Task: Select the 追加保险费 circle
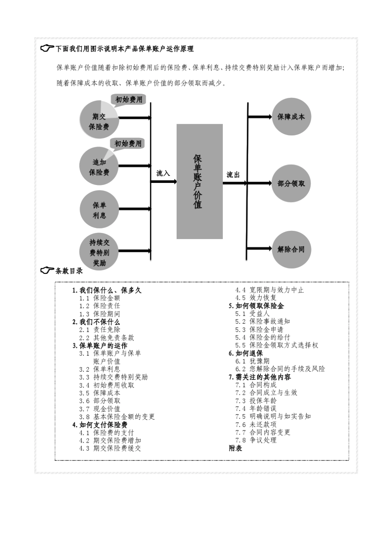(x=99, y=166)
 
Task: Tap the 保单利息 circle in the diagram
(x=99, y=210)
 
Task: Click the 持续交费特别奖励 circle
(x=99, y=252)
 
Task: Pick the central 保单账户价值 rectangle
(x=199, y=181)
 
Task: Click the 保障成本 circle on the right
(x=291, y=117)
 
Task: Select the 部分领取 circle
(x=291, y=183)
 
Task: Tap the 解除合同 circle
(x=291, y=249)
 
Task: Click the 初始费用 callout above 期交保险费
(x=129, y=100)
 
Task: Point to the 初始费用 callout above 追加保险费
(x=128, y=143)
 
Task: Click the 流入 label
(x=163, y=173)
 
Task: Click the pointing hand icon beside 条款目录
(x=47, y=270)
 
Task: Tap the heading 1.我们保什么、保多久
(x=107, y=290)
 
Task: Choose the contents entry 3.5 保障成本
(x=100, y=393)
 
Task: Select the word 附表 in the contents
(x=236, y=448)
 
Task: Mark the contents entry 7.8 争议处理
(x=256, y=440)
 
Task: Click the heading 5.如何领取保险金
(x=256, y=306)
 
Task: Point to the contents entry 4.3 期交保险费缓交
(x=110, y=448)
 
